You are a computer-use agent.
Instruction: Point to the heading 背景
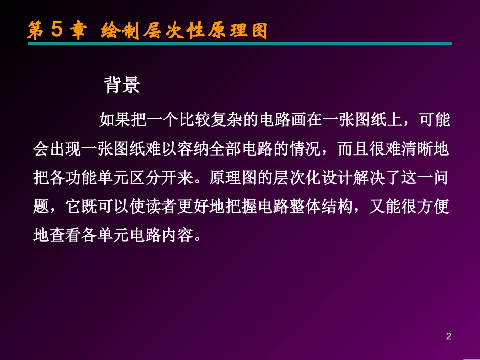122,85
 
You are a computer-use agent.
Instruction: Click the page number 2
448,336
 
